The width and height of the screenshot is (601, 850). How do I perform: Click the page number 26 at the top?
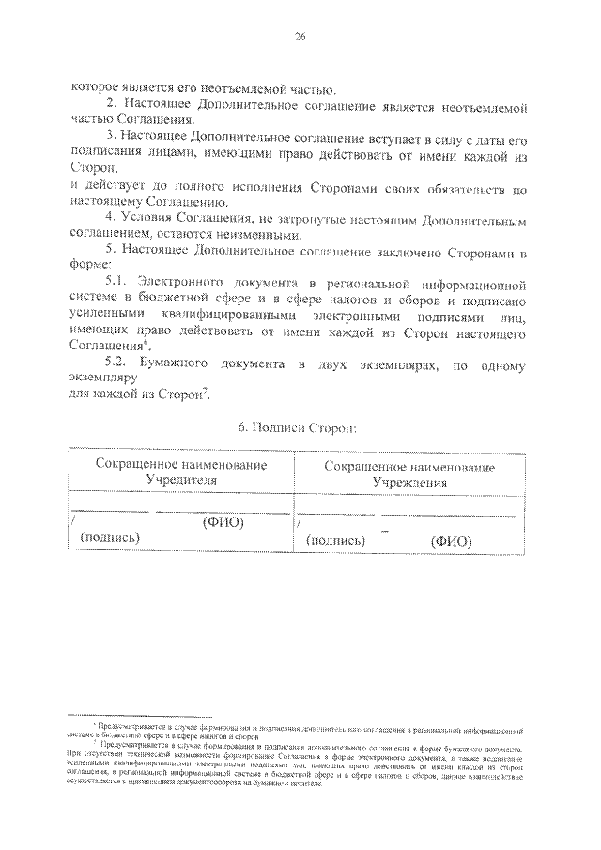point(300,38)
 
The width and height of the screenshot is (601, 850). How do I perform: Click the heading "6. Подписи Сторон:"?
point(296,427)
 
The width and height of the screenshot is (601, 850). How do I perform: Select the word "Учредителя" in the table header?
point(179,479)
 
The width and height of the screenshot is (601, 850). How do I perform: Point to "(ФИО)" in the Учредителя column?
point(223,522)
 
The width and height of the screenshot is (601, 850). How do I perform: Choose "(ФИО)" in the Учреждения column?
point(451,541)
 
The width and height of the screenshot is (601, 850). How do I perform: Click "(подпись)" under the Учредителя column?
point(110,537)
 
